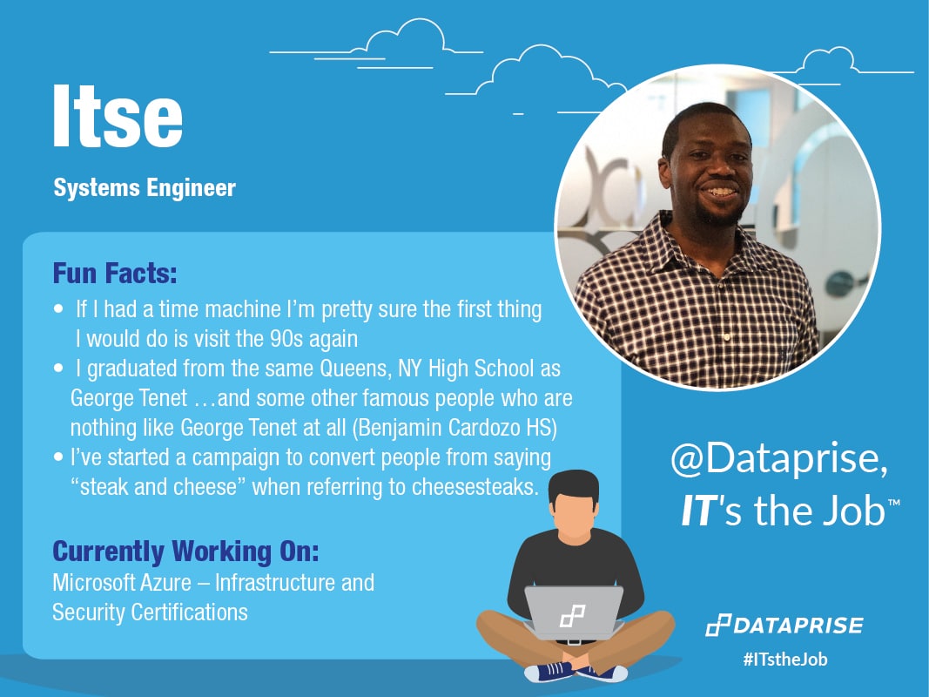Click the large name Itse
[x=118, y=118]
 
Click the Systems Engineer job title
[x=144, y=188]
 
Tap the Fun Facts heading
[x=115, y=274]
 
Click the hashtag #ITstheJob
[x=784, y=660]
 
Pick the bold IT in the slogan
[x=697, y=511]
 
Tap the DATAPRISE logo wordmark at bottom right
[x=797, y=626]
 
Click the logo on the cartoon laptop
[x=572, y=616]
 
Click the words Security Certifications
[x=150, y=612]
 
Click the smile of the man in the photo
[x=719, y=191]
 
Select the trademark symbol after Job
[x=893, y=504]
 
